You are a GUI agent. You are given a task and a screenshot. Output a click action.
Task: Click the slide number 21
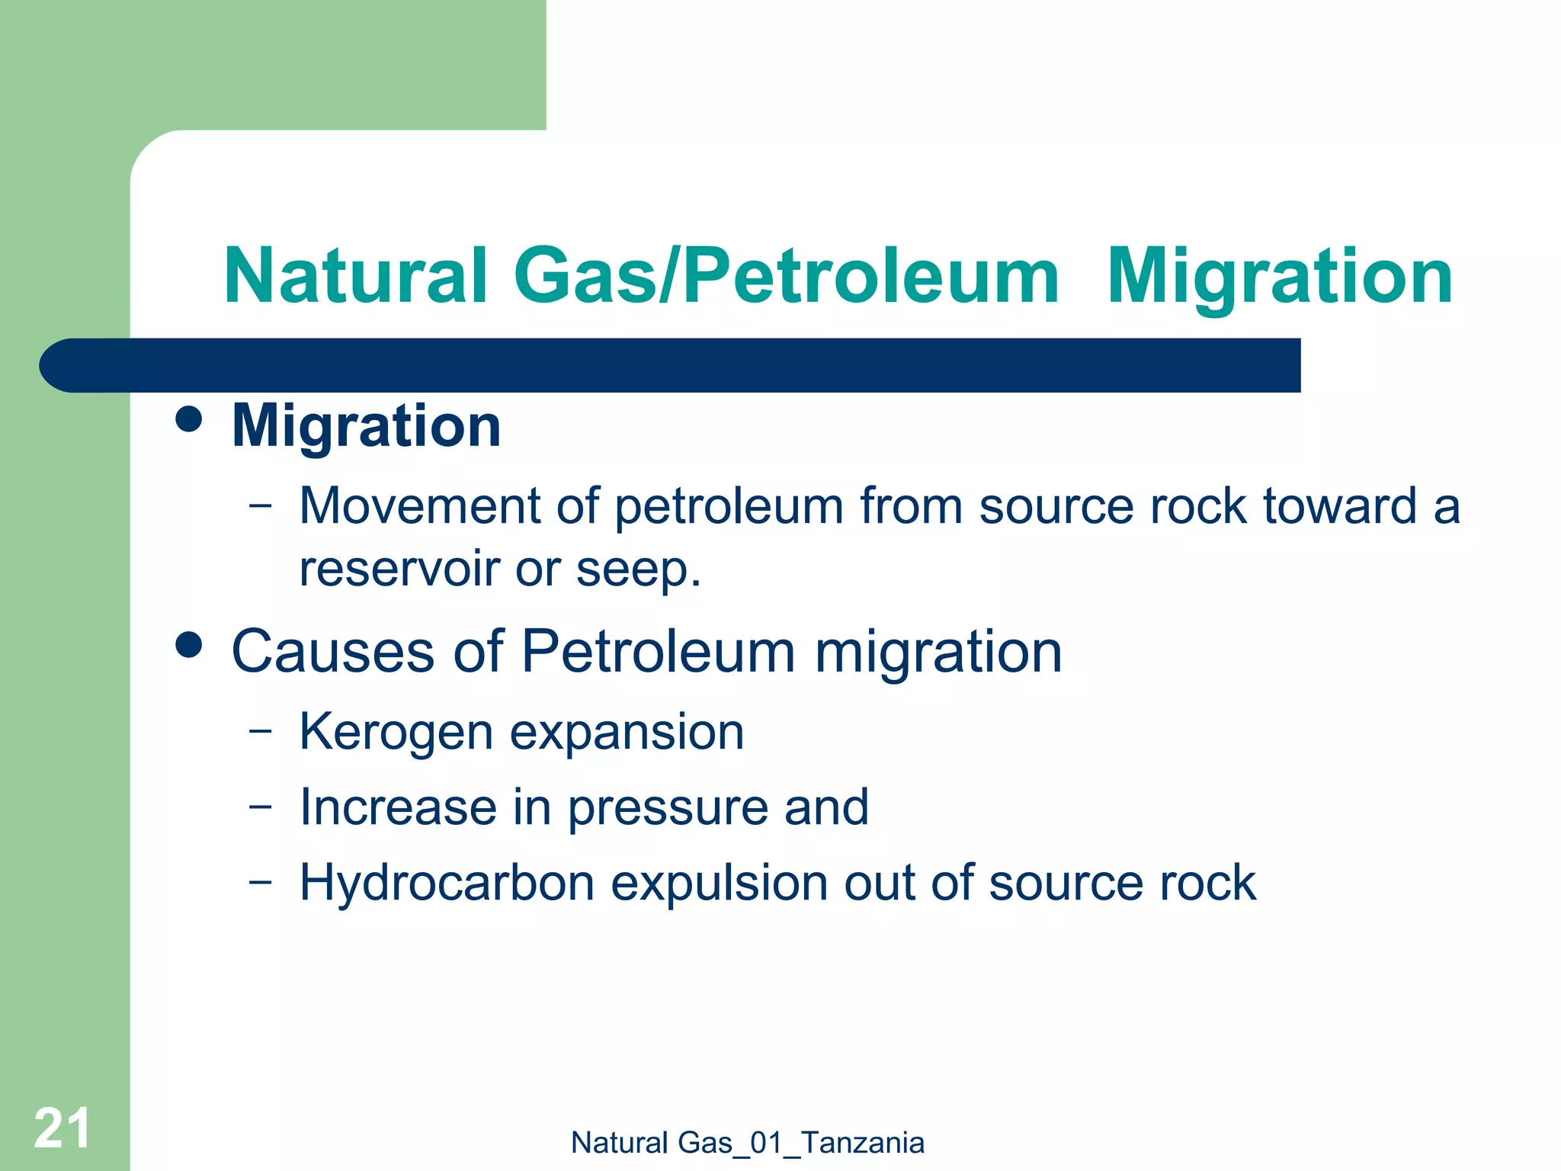[63, 1128]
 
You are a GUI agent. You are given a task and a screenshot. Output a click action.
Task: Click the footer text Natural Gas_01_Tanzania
[747, 1143]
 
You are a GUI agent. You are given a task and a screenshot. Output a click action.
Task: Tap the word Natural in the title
[355, 276]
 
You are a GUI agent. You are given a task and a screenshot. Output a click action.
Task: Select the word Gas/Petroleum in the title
[786, 276]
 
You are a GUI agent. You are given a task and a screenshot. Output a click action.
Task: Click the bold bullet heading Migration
[366, 426]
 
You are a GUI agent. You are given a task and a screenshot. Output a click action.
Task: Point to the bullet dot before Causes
[188, 645]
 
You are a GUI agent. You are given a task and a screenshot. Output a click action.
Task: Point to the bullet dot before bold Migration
[188, 419]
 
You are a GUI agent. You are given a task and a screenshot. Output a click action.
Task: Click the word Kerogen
[396, 733]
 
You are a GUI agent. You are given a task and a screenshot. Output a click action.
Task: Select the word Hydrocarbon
[447, 883]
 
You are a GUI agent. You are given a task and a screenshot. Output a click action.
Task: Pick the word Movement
[419, 506]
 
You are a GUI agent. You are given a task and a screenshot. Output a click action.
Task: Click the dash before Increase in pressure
[260, 806]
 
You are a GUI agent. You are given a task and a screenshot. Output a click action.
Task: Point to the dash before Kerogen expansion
[260, 730]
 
